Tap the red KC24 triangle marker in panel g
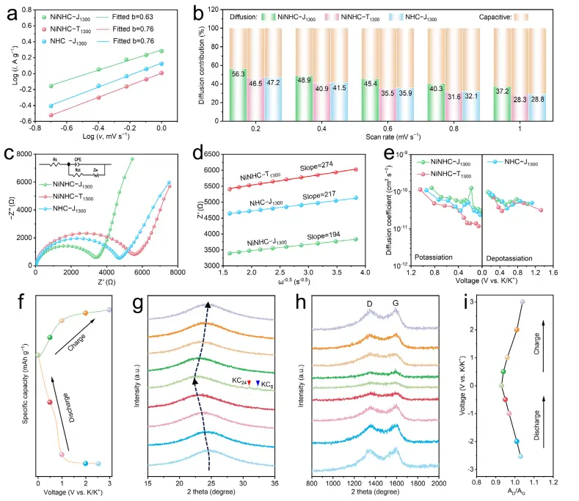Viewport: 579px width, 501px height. [248, 382]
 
